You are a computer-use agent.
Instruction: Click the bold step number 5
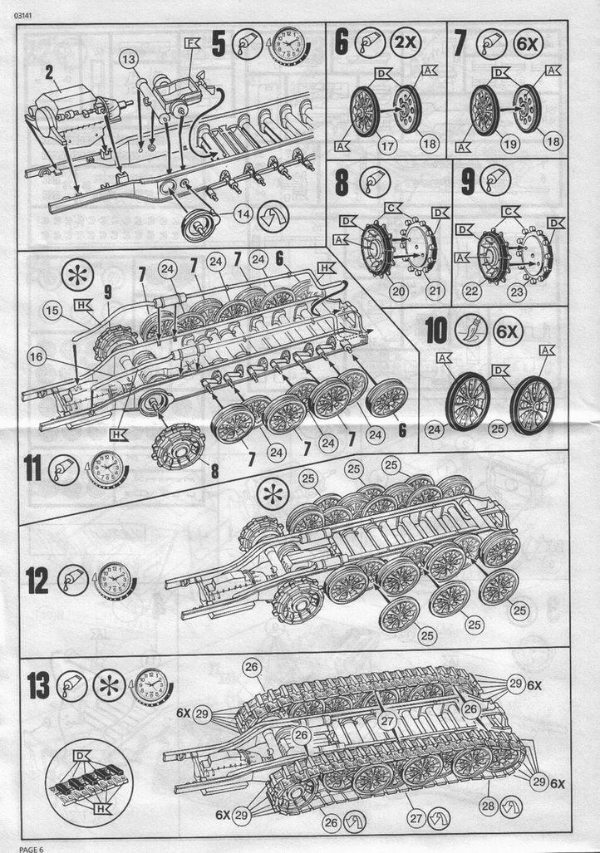click(x=219, y=43)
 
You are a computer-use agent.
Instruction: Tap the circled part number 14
click(x=242, y=213)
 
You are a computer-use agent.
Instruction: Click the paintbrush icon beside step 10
click(x=465, y=331)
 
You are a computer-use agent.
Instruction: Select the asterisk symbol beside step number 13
click(x=106, y=686)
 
